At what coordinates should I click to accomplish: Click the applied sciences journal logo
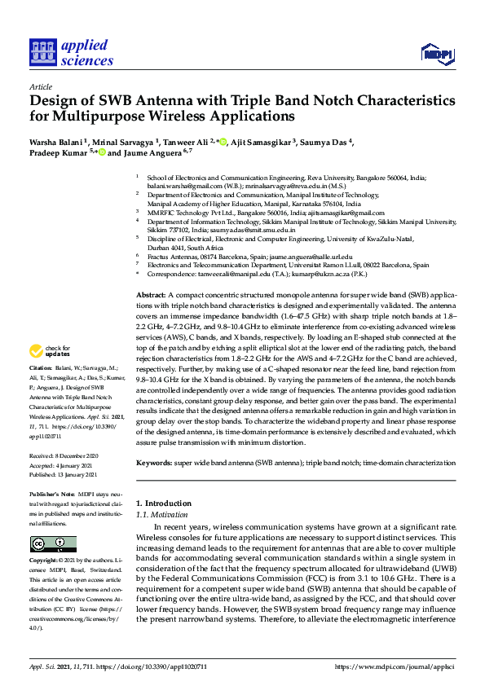click(71, 51)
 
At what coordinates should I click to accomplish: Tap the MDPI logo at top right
click(437, 54)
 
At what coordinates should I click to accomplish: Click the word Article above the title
click(40, 86)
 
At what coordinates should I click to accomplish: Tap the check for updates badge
click(49, 352)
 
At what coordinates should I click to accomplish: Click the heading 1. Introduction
click(164, 504)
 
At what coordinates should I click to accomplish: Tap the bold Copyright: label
click(45, 561)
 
